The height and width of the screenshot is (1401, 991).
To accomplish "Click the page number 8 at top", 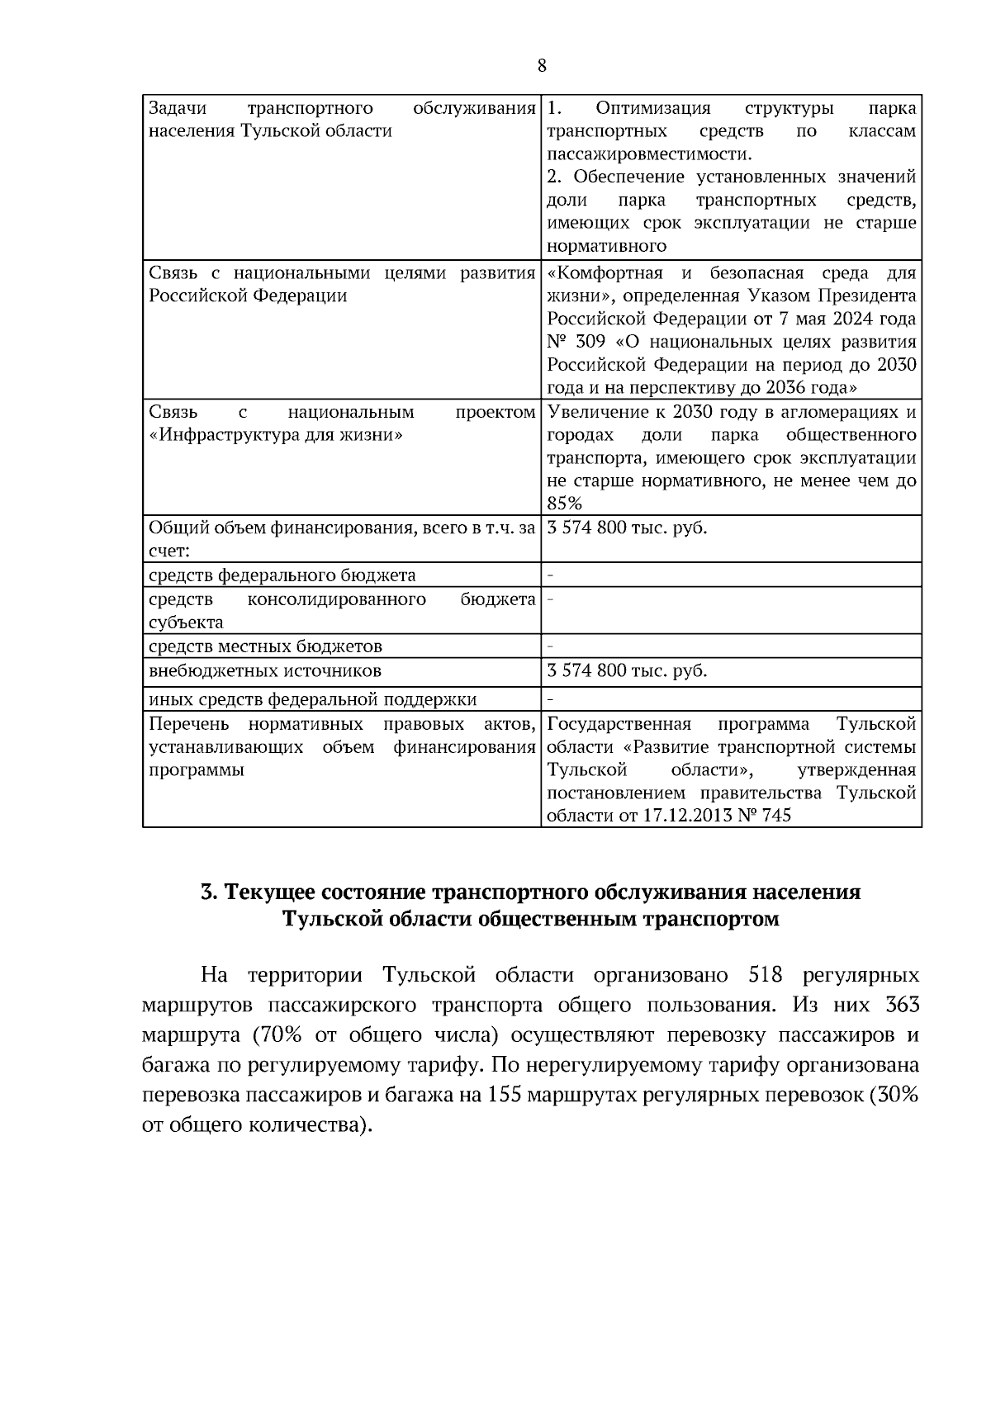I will pyautogui.click(x=542, y=66).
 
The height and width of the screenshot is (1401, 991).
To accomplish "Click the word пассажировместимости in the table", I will pyautogui.click(x=649, y=154).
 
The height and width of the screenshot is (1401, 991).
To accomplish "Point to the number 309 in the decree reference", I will pyautogui.click(x=590, y=343).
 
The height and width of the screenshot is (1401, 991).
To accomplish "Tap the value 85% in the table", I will pyautogui.click(x=565, y=504).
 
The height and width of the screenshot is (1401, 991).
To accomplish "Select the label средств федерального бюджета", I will pyautogui.click(x=282, y=575).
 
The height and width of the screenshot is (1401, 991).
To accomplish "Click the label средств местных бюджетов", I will pyautogui.click(x=265, y=646).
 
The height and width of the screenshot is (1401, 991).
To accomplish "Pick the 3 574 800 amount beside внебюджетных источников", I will pyautogui.click(x=587, y=670).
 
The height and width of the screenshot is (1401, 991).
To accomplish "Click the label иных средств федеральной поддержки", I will pyautogui.click(x=312, y=700).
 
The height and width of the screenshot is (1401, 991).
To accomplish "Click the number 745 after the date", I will pyautogui.click(x=775, y=816).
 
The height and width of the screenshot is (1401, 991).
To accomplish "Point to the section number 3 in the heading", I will pyautogui.click(x=208, y=892).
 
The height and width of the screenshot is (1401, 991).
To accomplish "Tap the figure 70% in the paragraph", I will pyautogui.click(x=281, y=1036).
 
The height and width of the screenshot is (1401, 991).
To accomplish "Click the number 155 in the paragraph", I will pyautogui.click(x=505, y=1096).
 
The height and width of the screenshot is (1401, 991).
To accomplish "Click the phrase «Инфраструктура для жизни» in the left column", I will pyautogui.click(x=276, y=435).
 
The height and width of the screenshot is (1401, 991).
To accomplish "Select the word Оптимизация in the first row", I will pyautogui.click(x=652, y=109).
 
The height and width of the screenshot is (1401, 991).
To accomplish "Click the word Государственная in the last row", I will pyautogui.click(x=619, y=725).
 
